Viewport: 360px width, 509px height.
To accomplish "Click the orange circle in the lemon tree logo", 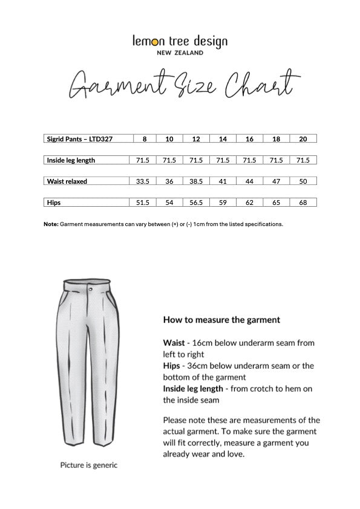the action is pos(155,42).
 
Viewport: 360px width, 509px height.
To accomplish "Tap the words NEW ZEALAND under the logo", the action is pos(180,53).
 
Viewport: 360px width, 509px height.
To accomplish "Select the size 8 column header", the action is pos(144,139).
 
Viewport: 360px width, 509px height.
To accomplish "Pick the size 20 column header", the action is pos(303,139).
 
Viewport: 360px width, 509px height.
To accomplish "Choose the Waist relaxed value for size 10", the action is pos(169,181).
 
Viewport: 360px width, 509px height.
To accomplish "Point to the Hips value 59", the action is pos(223,203).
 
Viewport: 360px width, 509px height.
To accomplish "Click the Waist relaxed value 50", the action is pos(303,181).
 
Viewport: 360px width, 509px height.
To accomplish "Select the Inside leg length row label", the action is pos(71,160).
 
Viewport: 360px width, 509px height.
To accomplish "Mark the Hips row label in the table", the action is pos(54,203).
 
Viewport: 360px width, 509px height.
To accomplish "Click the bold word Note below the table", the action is pos(51,224).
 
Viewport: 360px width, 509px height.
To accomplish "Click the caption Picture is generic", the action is pos(88,465).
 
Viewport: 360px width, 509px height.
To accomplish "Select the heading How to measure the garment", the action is pos(221,319).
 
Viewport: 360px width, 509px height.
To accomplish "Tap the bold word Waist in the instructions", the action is pos(174,342).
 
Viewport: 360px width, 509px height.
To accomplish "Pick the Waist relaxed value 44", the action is pos(249,181).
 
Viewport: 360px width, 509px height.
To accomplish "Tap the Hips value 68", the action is pos(303,203).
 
